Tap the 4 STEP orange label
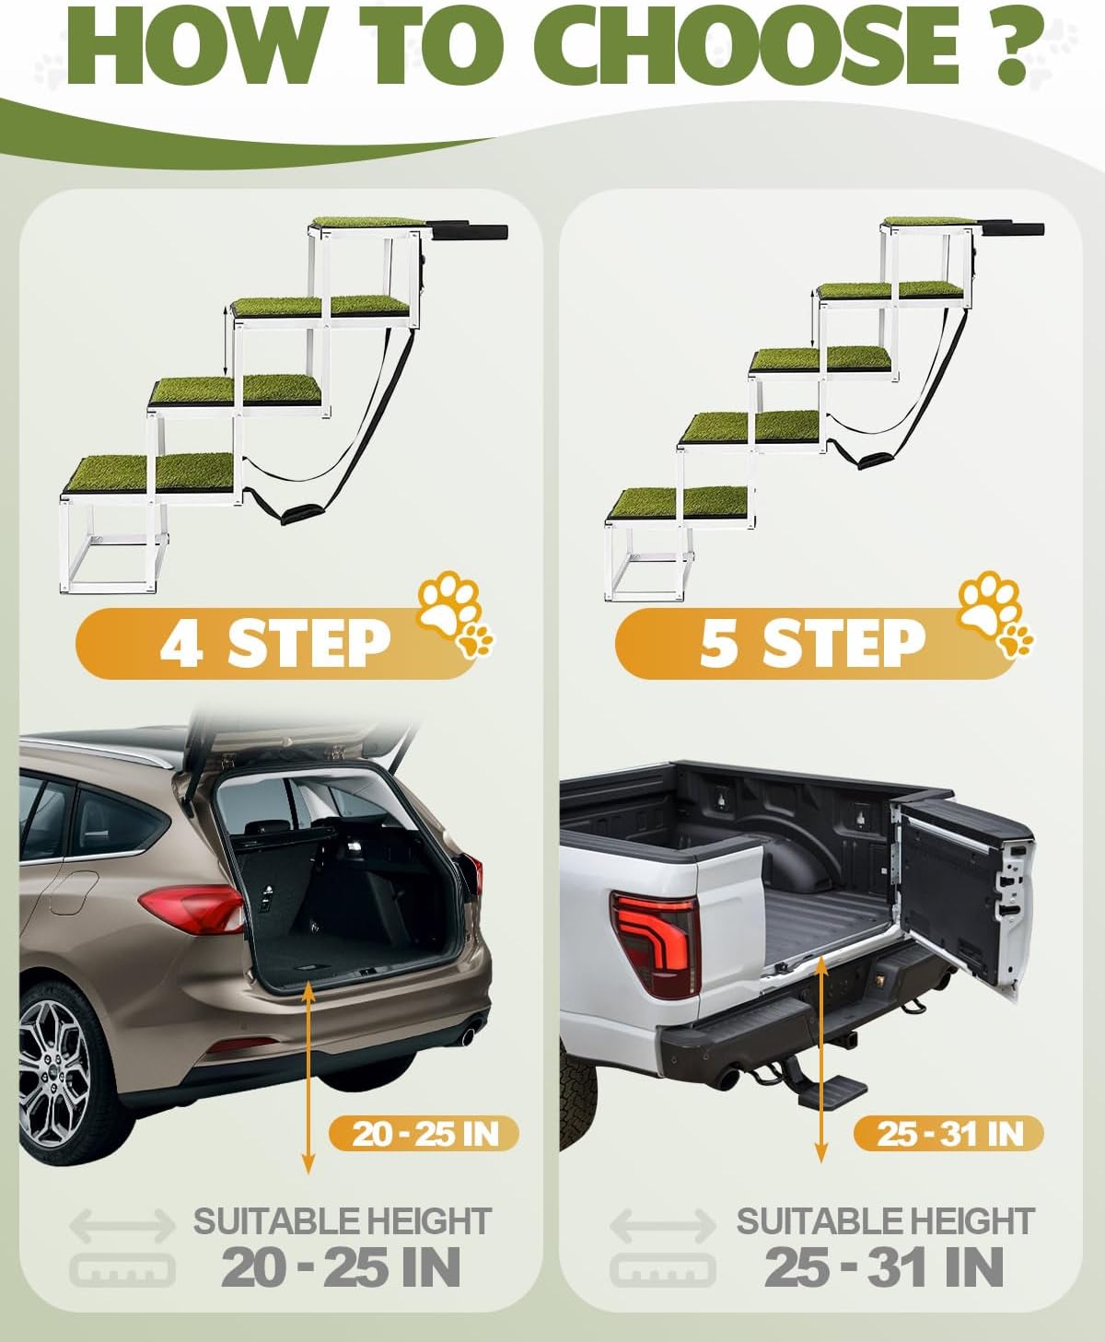pos(277,644)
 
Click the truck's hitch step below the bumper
pos(832,1090)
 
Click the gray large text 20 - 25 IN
pos(341,1267)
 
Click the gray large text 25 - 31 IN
pos(883,1267)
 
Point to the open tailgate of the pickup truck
pos(964,893)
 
